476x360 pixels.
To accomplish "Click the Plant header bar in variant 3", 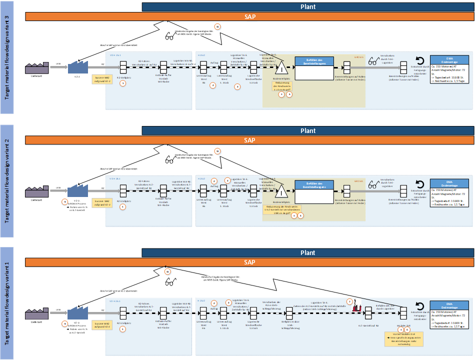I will [307, 7].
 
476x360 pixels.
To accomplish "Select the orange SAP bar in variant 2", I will [249, 140].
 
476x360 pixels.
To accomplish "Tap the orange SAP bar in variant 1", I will [249, 262].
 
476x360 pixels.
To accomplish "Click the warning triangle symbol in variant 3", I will [281, 68].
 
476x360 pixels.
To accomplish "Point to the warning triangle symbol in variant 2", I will [281, 192].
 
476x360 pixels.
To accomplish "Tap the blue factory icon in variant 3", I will [77, 68].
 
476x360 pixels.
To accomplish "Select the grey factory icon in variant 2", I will [36, 192].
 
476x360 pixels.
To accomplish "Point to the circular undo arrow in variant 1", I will [420, 306].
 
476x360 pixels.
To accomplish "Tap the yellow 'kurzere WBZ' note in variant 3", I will [102, 78].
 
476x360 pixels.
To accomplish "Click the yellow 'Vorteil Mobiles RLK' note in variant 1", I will [401, 337].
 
